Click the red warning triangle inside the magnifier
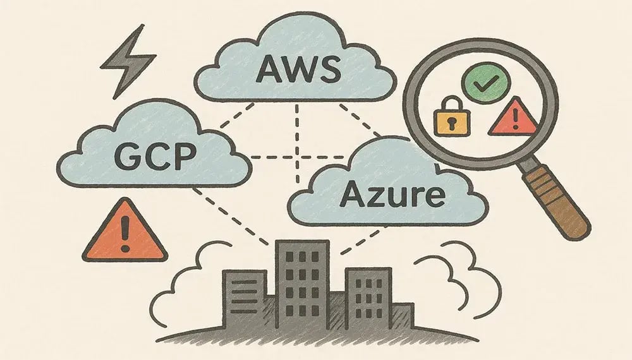click(513, 118)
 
